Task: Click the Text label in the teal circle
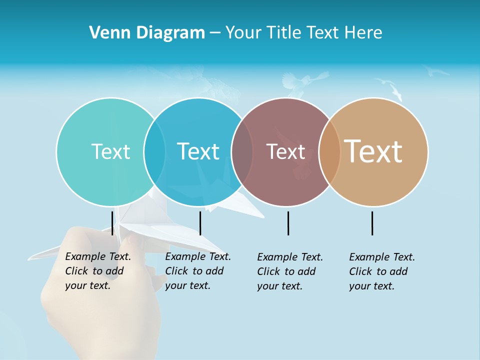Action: pos(110,151)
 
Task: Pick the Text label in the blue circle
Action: pos(198,151)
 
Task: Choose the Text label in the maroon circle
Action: pos(285,151)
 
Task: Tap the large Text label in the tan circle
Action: pos(373,151)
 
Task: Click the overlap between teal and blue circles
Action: pos(154,151)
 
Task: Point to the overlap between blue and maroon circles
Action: pos(242,151)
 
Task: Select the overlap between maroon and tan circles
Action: pos(329,151)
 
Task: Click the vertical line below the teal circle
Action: pos(112,223)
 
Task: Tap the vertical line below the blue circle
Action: pos(200,223)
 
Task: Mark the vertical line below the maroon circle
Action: pos(288,223)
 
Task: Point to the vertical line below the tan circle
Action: pos(372,223)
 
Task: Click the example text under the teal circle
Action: pos(97,271)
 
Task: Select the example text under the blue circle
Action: pos(197,271)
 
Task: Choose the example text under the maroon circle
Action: pos(289,271)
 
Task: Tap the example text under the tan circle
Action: pos(381,271)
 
